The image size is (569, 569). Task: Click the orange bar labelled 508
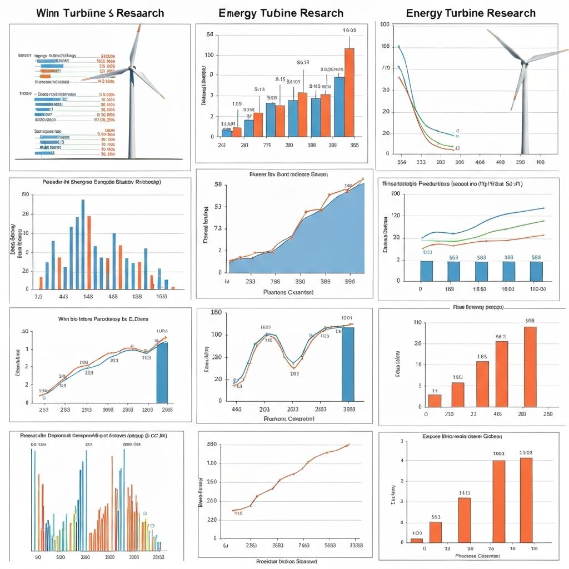coord(530,367)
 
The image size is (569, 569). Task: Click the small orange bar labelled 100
coord(416,540)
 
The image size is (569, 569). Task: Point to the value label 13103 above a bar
coord(526,453)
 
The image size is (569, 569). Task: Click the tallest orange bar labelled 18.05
coord(349,92)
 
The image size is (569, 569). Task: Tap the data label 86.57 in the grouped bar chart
coord(303,62)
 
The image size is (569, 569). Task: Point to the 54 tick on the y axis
coord(209,35)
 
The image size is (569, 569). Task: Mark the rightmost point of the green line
coord(543,221)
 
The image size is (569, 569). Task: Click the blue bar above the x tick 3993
coord(348,363)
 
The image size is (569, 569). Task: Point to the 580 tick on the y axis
coord(211,445)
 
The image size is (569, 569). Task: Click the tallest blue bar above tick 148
coord(83,244)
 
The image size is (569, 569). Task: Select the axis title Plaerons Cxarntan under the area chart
coord(288,292)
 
